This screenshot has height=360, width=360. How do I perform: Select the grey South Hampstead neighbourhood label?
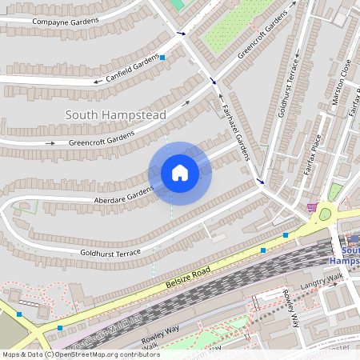[116, 115]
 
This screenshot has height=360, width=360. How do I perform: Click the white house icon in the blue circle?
[179, 173]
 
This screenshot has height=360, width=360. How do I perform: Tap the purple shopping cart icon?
[310, 207]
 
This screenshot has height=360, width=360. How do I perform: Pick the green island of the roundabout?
[325, 214]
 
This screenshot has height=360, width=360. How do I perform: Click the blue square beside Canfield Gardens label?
[162, 58]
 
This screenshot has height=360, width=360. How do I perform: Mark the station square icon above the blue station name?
[353, 238]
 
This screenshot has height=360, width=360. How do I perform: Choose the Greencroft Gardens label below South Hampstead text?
[101, 139]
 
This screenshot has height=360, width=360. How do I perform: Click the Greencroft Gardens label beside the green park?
[262, 38]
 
